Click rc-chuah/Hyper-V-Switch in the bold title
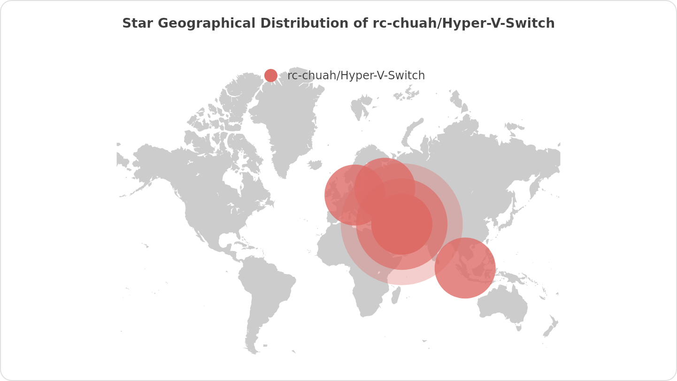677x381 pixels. click(463, 23)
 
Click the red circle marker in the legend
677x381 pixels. click(271, 76)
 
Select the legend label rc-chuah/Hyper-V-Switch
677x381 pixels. click(356, 76)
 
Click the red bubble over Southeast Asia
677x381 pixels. click(465, 268)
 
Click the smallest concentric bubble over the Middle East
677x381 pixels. click(402, 224)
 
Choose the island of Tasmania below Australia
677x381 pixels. click(519, 328)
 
